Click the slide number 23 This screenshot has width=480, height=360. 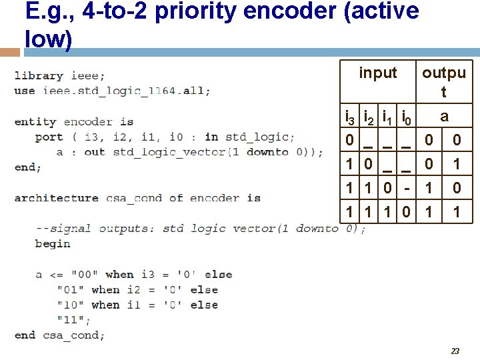(455, 351)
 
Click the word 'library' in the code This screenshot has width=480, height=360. (39, 75)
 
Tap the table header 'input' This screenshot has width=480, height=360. (377, 73)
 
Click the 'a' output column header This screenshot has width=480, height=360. (444, 115)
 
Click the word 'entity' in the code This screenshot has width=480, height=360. (35, 121)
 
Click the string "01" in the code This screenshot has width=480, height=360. (71, 289)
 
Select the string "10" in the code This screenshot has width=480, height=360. (71, 305)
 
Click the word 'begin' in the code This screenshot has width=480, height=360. (53, 243)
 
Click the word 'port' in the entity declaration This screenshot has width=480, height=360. (49, 137)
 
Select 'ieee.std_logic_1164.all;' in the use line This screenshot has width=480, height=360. (127, 91)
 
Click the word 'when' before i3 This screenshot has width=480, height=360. (119, 274)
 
